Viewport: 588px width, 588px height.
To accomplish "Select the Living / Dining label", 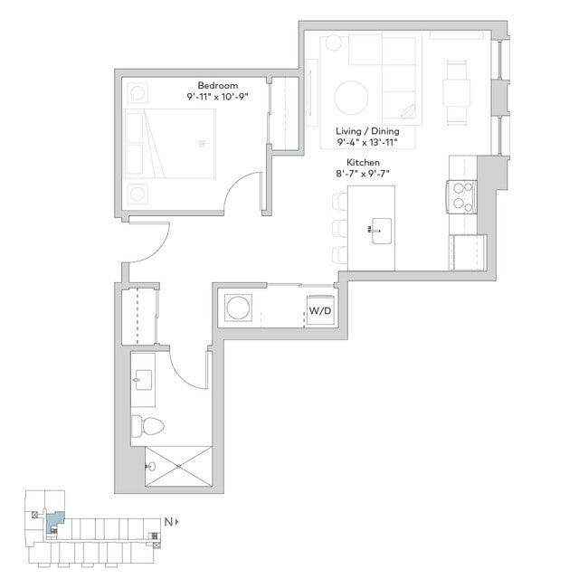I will coord(367,131).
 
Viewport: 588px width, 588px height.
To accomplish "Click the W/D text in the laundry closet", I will coord(319,310).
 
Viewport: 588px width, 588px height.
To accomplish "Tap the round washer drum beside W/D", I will coord(239,308).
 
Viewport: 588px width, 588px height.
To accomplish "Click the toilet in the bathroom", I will coord(147,426).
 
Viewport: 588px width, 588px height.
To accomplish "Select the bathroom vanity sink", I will coord(141,379).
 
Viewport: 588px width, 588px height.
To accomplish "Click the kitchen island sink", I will coord(378,228).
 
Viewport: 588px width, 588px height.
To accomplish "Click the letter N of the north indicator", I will coord(168,522).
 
